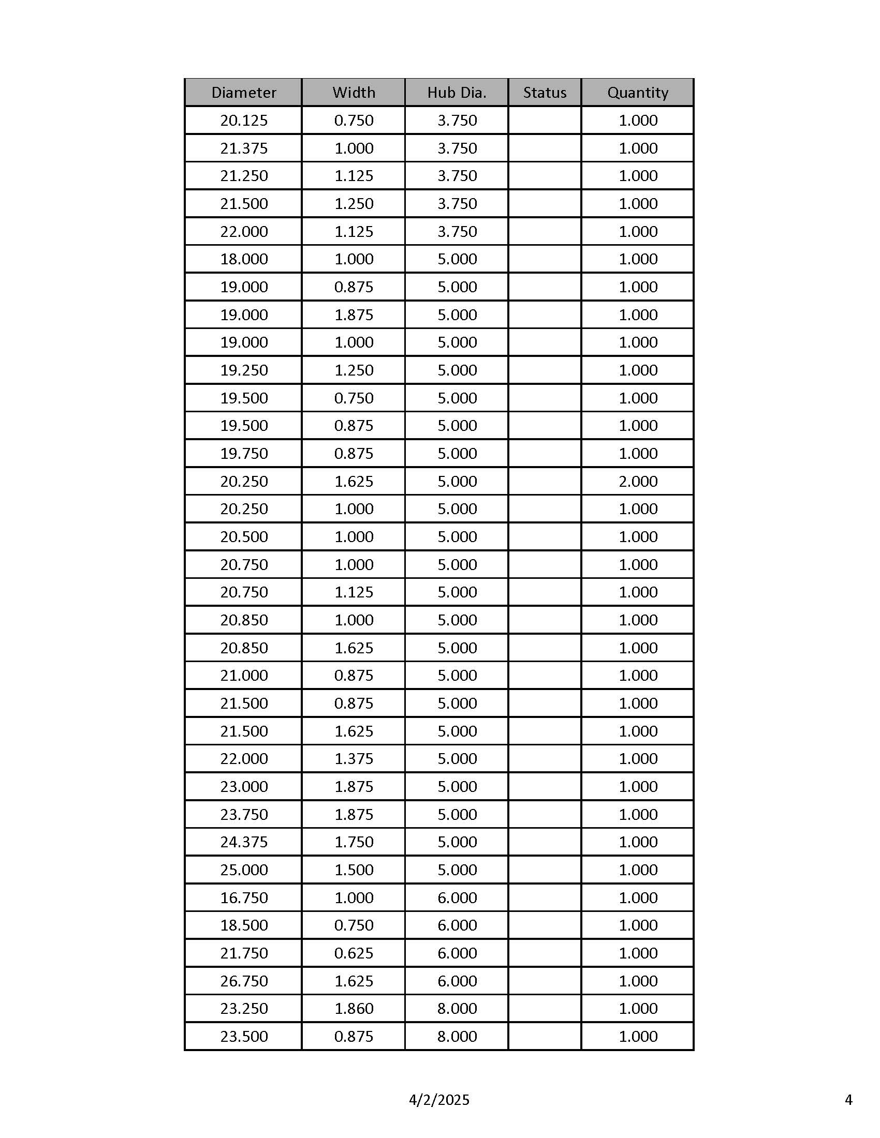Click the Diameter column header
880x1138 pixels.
[243, 93]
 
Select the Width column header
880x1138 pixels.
[354, 93]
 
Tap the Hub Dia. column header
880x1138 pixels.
[457, 93]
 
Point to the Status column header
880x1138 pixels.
[544, 93]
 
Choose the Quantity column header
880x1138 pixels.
[638, 93]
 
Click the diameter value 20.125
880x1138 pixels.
[243, 121]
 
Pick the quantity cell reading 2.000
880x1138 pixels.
[638, 481]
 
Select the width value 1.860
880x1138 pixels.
[354, 1008]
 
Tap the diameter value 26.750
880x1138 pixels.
[243, 981]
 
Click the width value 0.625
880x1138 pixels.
[354, 953]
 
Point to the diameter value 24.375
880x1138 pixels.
[243, 842]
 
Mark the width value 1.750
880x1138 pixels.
[354, 842]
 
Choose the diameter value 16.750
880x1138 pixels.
[243, 897]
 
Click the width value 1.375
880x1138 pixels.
[354, 758]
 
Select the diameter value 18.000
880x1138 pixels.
[243, 259]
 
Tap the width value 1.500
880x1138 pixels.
[354, 870]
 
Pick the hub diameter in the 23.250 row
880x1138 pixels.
[457, 1008]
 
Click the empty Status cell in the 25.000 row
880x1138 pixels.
[544, 870]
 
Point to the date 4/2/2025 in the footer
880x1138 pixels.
[439, 1100]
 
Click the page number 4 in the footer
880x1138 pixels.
[848, 1100]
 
